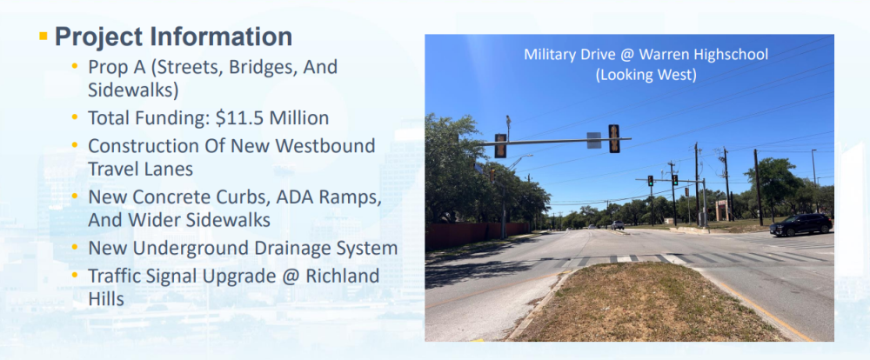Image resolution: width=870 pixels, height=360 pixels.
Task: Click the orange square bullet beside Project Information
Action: pos(43,36)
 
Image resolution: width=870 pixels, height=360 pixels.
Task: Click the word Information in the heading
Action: pos(221,37)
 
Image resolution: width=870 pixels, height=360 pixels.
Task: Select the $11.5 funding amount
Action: pos(240,117)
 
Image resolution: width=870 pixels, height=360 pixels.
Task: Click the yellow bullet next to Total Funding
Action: pos(74,117)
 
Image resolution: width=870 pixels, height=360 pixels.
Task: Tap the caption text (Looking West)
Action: pos(646,74)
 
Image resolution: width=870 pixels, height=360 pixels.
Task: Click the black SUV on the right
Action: pos(800,224)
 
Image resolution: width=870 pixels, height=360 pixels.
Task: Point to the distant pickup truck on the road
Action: pos(618,224)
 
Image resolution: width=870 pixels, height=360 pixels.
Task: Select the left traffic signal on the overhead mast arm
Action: pos(500,146)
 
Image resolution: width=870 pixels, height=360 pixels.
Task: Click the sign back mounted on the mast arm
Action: pos(593,140)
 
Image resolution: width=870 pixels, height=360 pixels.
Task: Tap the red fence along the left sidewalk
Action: pos(477,236)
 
